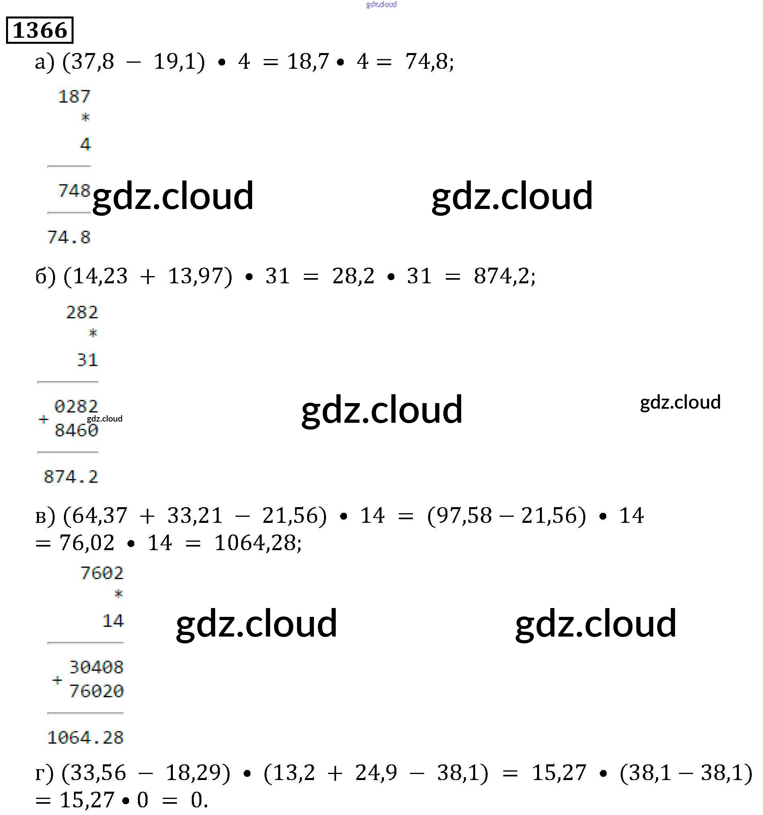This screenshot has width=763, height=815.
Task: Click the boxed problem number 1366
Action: (x=40, y=30)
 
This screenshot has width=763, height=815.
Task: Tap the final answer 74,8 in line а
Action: (x=428, y=62)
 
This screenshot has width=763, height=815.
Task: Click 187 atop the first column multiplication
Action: (x=74, y=97)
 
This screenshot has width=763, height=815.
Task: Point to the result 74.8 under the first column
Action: (x=69, y=238)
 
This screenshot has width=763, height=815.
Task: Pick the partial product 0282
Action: (x=76, y=407)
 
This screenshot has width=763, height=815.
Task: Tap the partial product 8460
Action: (x=76, y=430)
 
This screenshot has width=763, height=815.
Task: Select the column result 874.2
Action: (x=71, y=477)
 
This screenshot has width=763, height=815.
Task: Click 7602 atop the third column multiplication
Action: (x=102, y=573)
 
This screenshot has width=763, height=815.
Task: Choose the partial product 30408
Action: (x=96, y=668)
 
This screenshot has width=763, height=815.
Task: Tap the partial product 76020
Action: (x=96, y=691)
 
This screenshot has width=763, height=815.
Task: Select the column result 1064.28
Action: (x=85, y=738)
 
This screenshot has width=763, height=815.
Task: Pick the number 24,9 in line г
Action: (x=376, y=773)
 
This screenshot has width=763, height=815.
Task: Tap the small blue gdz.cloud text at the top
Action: (x=381, y=4)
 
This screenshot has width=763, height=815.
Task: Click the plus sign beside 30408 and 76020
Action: (x=57, y=680)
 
